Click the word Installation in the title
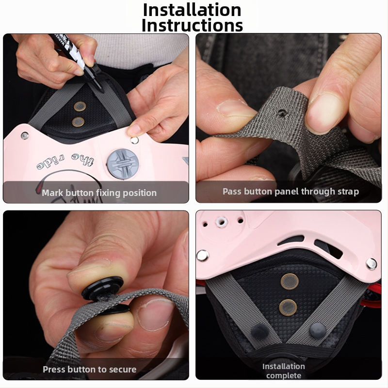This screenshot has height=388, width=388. [x=192, y=10]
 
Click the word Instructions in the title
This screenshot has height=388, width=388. [x=192, y=25]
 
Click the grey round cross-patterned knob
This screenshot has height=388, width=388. [x=123, y=164]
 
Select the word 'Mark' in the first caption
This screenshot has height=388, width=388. [x=52, y=193]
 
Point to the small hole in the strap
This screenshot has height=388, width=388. [x=281, y=113]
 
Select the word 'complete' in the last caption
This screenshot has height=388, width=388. [x=284, y=375]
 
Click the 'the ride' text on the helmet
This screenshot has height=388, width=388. [x=65, y=162]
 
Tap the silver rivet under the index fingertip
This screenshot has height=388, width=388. [x=134, y=140]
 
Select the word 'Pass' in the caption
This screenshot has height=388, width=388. [x=232, y=191]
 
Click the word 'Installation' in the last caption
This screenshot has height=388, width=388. [x=284, y=367]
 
